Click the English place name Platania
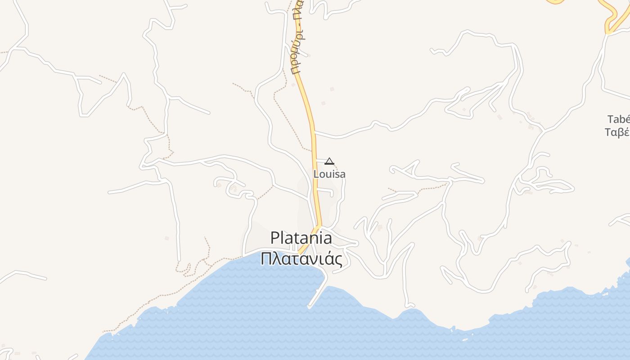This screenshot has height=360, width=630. click(x=301, y=238)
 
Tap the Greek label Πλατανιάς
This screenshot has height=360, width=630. click(x=301, y=259)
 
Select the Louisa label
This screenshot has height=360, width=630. click(x=329, y=174)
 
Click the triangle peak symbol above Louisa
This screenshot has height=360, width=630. click(x=329, y=161)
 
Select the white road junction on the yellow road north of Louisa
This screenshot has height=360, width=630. click(x=315, y=133)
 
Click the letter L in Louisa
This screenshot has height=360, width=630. click(x=316, y=174)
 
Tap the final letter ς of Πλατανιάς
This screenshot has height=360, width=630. click(x=338, y=260)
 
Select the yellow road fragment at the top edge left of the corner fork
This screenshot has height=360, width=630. click(x=555, y=2)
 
